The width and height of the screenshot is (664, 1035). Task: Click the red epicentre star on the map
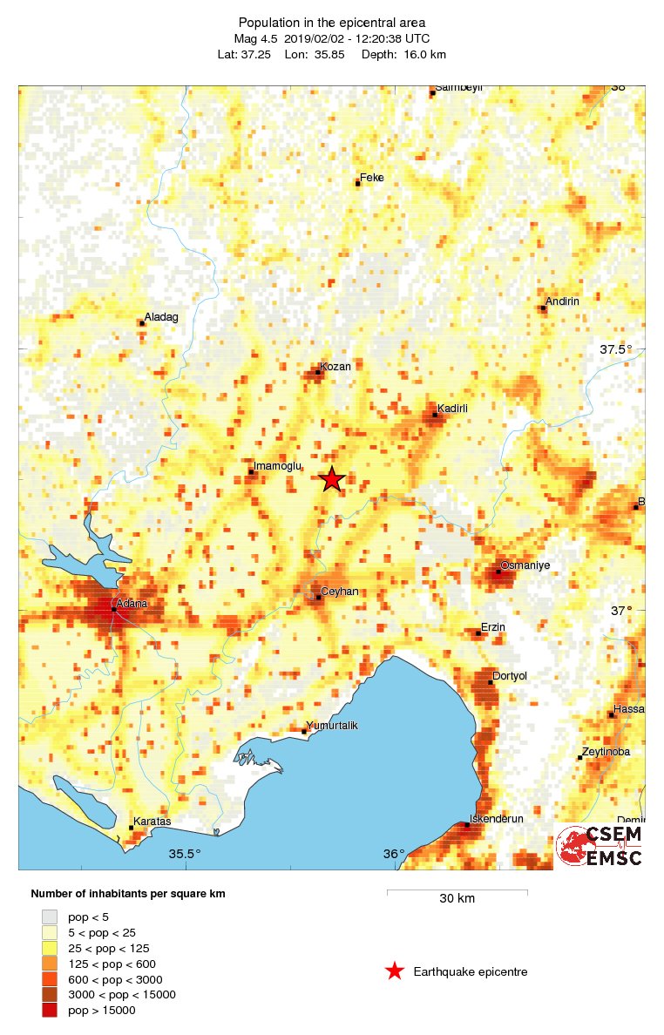click(332, 479)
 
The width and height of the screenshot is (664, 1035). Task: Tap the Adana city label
click(132, 602)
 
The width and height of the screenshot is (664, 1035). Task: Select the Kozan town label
click(335, 367)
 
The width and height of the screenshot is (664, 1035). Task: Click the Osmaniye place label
click(525, 565)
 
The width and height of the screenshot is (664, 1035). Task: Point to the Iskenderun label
click(496, 819)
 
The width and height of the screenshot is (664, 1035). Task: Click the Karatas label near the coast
click(152, 822)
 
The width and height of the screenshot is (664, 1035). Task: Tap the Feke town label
click(372, 178)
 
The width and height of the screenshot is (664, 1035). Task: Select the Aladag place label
click(161, 317)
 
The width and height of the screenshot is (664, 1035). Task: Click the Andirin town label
click(562, 301)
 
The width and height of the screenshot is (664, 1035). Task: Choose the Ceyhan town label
click(340, 592)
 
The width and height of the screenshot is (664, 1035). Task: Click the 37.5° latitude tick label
click(615, 349)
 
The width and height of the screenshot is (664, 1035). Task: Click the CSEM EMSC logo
click(600, 845)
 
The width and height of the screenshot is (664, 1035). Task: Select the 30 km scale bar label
click(457, 899)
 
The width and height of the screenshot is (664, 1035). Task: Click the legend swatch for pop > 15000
click(50, 1010)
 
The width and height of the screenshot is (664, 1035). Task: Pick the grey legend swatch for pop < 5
click(50, 917)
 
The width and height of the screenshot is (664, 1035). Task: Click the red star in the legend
click(395, 971)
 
